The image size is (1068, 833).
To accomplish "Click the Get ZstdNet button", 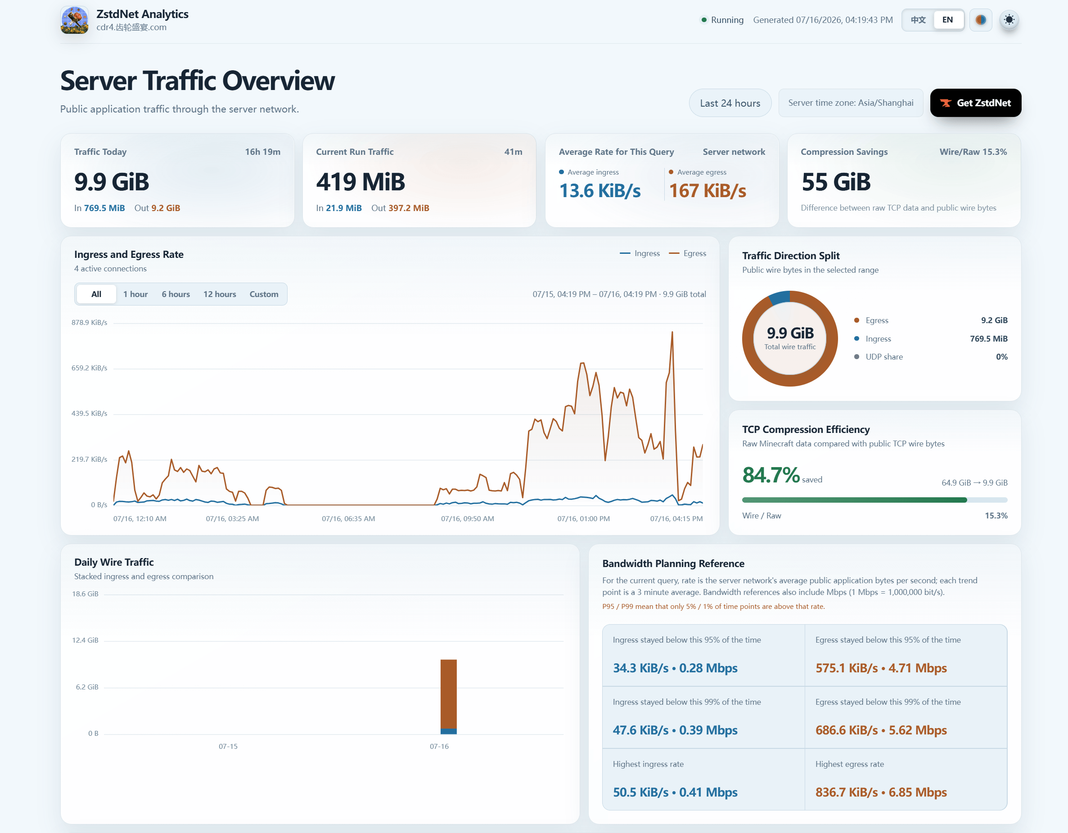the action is [975, 103].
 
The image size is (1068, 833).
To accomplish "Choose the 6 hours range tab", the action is [176, 294].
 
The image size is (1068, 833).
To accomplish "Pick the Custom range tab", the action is [264, 294].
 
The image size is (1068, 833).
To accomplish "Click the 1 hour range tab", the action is [135, 294].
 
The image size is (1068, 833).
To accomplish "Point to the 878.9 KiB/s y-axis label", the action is [89, 323].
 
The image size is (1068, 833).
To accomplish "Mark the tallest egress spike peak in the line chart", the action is [672, 332].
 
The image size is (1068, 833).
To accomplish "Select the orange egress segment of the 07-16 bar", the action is [448, 694].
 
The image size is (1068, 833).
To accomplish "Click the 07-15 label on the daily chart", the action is [228, 747].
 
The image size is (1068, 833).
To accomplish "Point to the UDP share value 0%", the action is [1001, 357].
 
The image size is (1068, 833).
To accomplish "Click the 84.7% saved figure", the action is [771, 475].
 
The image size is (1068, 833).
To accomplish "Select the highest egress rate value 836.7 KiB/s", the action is [847, 792].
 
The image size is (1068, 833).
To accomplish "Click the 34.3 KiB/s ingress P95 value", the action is [640, 668].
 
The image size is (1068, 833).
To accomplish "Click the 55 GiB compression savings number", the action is [836, 182].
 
